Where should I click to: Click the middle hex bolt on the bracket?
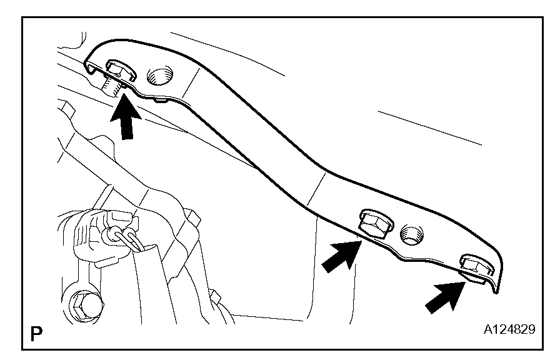(x=373, y=222)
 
